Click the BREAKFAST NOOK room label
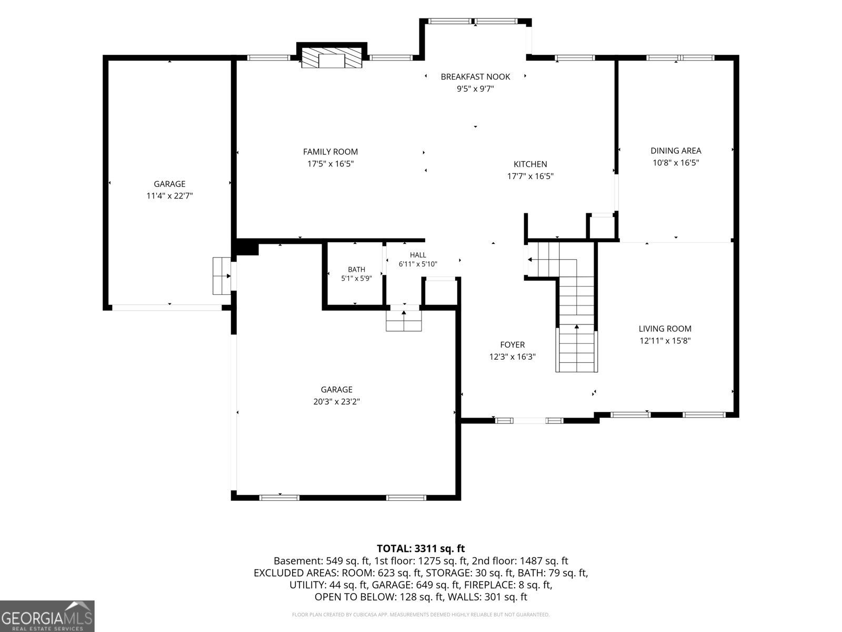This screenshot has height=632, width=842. (x=475, y=77)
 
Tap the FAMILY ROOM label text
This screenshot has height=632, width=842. (x=330, y=152)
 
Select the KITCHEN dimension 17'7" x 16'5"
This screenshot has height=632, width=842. (x=530, y=176)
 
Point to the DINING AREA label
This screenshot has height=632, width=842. (x=676, y=151)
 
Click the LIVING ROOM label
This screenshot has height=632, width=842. (x=665, y=329)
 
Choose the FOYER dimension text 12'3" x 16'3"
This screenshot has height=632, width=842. (x=513, y=357)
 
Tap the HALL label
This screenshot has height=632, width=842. (x=418, y=255)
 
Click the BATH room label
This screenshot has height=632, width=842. (x=357, y=269)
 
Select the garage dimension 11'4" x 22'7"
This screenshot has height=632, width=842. (x=169, y=196)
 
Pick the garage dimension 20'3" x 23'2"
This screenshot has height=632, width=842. (x=336, y=402)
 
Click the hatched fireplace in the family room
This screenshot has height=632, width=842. (x=332, y=58)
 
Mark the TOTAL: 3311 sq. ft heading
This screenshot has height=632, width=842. (x=421, y=548)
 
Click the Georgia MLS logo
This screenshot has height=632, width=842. (x=47, y=616)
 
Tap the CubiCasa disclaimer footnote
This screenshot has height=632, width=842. (x=421, y=615)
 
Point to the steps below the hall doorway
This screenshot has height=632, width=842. (x=404, y=320)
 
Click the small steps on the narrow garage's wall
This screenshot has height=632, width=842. (x=222, y=276)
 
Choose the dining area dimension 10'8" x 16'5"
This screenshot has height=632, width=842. (x=676, y=163)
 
